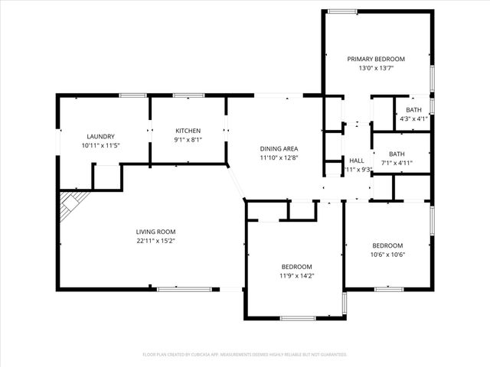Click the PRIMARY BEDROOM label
(376, 59)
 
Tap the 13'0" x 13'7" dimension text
(376, 68)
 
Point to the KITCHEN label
(188, 131)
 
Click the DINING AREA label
(279, 148)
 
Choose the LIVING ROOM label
(155, 232)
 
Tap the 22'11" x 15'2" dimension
(155, 241)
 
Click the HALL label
(356, 161)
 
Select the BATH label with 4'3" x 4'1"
(413, 109)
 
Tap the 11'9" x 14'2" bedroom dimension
(296, 275)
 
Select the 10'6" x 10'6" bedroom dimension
(387, 255)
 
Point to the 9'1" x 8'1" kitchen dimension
(188, 140)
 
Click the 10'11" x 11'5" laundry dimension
(100, 145)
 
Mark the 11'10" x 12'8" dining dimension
(279, 158)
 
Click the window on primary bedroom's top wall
(342, 11)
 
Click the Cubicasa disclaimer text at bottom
(245, 355)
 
